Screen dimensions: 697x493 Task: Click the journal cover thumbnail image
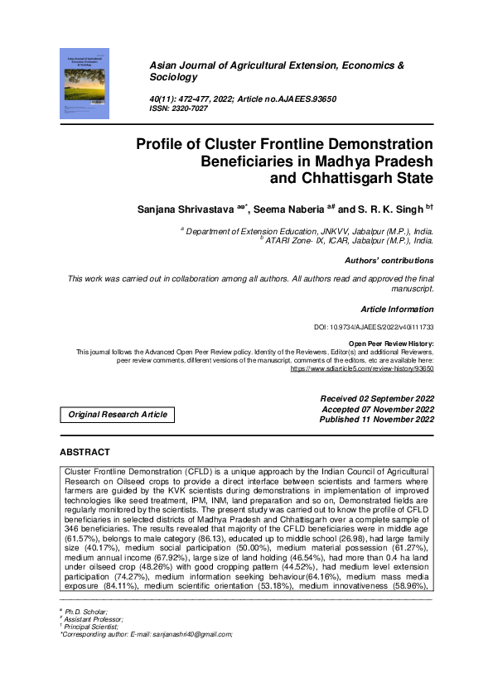pos(85,82)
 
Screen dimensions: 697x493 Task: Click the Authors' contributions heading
pos(389,261)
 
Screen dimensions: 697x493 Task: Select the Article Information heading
pos(397,309)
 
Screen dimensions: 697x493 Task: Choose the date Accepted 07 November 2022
pos(377,409)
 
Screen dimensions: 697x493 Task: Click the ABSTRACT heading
pos(85,453)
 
